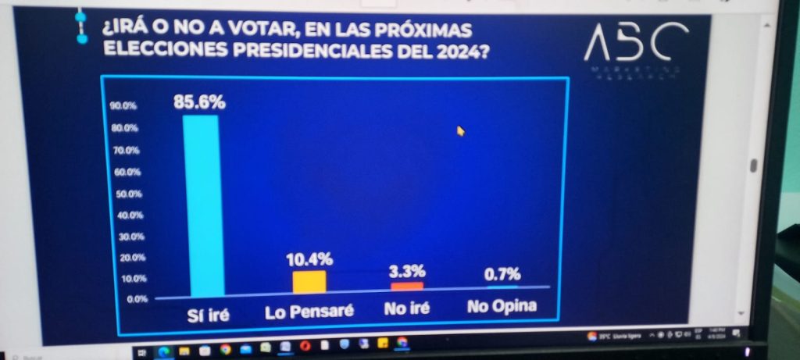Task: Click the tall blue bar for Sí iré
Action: [202, 205]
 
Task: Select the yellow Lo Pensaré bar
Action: [309, 281]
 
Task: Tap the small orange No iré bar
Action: [406, 286]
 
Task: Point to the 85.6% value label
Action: [199, 101]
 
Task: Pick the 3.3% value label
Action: [407, 271]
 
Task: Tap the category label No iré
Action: [407, 308]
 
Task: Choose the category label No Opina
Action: [502, 305]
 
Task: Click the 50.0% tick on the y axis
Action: [125, 193]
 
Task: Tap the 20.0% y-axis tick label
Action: [125, 258]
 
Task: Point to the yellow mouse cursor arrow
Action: [461, 130]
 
